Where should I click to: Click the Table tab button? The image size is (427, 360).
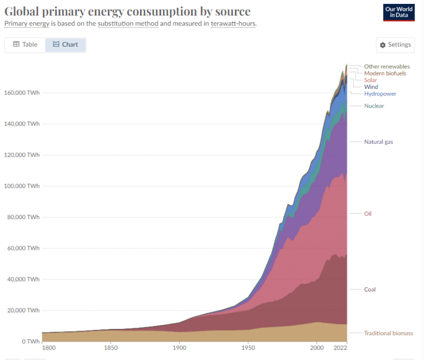pos(25,44)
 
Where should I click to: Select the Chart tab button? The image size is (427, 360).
pos(65,44)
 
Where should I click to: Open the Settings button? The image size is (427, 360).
pos(395,45)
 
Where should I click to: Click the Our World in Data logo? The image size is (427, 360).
pos(399,12)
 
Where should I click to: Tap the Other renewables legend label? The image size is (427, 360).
pos(386,67)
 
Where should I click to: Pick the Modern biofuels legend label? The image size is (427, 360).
pos(385,73)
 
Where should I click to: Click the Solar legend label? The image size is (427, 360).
pos(370,80)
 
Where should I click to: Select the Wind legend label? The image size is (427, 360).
pos(371,87)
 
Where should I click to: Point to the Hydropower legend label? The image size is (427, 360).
pos(380,94)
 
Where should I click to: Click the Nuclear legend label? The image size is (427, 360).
pos(374,106)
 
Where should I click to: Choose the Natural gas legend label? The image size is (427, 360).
pos(378,142)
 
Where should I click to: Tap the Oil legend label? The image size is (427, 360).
pos(368,213)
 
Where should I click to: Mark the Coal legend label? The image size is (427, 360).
pos(370,289)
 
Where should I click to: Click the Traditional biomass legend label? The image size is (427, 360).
pos(388,333)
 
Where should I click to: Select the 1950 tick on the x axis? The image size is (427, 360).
pos(248,348)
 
